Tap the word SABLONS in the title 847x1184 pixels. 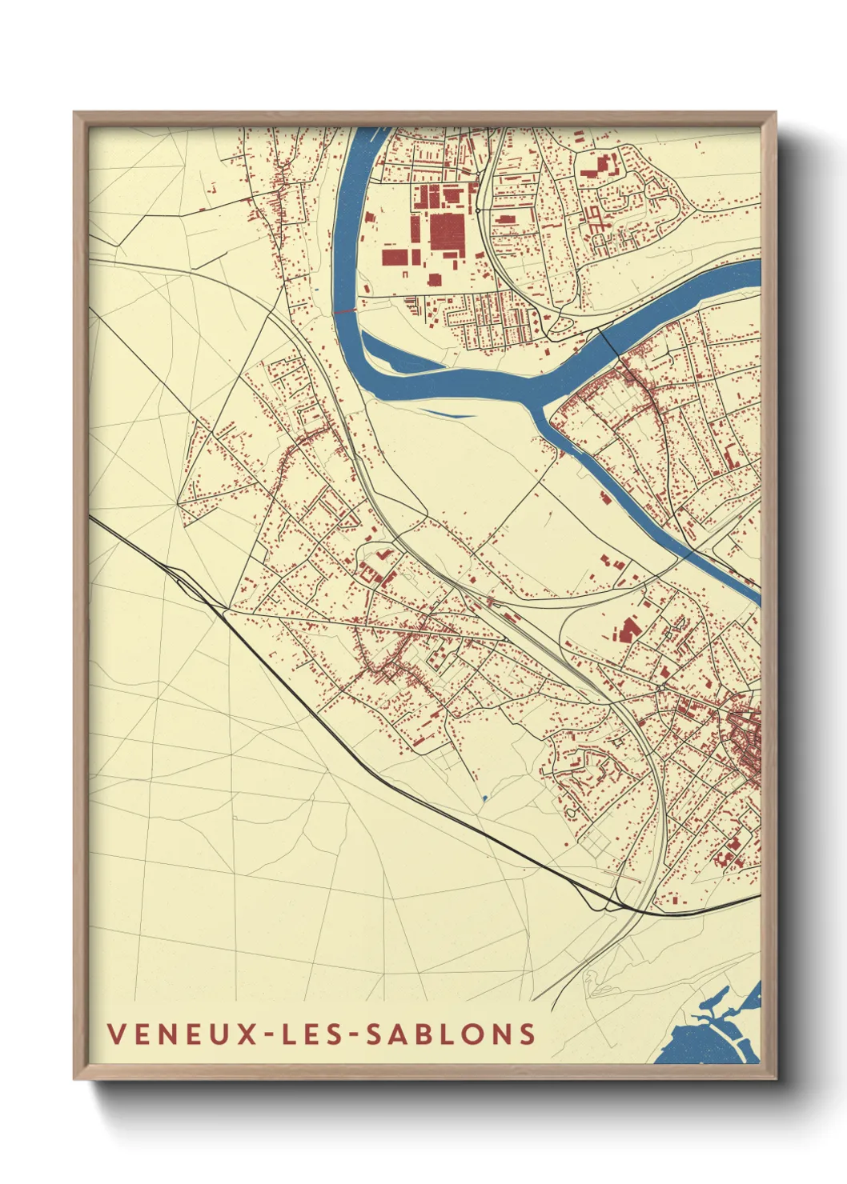(452, 1034)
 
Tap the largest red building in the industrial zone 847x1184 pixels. (446, 231)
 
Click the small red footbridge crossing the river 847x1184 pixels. (345, 311)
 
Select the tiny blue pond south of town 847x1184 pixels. (484, 798)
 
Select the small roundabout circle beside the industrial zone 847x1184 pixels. (478, 210)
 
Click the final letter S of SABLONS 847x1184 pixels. (527, 1034)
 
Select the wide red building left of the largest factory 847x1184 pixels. (395, 256)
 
